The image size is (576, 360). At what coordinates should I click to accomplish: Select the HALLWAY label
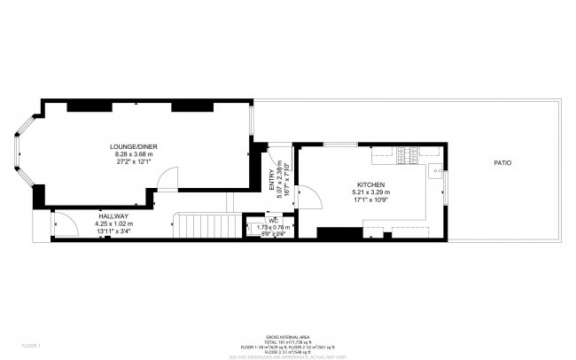[x=113, y=215]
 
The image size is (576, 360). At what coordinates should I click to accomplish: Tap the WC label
[x=262, y=221]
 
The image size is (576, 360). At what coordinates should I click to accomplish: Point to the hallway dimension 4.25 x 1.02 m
[x=113, y=223]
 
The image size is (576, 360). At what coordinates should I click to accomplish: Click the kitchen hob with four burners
[x=409, y=155]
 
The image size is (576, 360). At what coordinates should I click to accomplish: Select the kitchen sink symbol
[x=435, y=172]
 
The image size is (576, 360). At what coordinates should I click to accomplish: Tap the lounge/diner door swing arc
[x=166, y=179]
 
